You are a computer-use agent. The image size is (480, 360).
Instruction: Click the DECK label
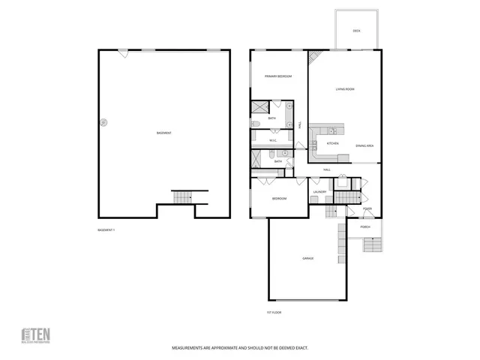(x=357, y=31)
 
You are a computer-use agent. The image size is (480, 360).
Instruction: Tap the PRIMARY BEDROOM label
(x=277, y=76)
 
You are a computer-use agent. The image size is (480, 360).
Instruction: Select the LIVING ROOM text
(x=345, y=89)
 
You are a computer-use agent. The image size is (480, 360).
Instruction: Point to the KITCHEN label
(x=333, y=143)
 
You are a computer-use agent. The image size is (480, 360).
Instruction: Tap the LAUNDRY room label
(x=320, y=192)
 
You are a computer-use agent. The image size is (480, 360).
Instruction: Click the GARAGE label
(x=307, y=258)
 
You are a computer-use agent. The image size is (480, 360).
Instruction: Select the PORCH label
(x=365, y=226)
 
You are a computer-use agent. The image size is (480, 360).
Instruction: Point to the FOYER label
(x=367, y=208)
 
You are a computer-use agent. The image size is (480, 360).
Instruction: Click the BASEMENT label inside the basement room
(x=164, y=133)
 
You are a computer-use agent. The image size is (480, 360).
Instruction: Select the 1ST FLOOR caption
(x=273, y=311)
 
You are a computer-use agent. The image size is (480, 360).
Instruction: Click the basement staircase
(x=182, y=196)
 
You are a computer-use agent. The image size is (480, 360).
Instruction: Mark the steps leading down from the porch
(x=373, y=245)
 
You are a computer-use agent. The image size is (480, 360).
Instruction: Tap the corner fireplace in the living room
(x=316, y=57)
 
